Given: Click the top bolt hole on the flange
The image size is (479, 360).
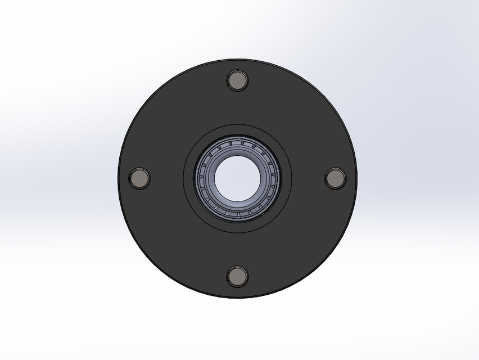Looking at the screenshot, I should pyautogui.click(x=237, y=80).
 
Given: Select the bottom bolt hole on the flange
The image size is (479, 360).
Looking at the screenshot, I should pyautogui.click(x=237, y=275).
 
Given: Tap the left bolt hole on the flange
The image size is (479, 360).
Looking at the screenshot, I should pyautogui.click(x=139, y=178).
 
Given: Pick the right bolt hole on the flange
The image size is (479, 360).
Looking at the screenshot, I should pyautogui.click(x=335, y=178).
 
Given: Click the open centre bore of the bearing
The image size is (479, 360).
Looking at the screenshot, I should pyautogui.click(x=237, y=178).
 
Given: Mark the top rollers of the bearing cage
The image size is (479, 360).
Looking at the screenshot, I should pyautogui.click(x=237, y=143).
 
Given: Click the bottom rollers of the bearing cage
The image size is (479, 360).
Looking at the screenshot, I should pyautogui.click(x=237, y=213).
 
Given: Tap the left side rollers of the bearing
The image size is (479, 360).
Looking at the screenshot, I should pyautogui.click(x=201, y=178).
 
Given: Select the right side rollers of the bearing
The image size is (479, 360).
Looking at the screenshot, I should pyautogui.click(x=273, y=178).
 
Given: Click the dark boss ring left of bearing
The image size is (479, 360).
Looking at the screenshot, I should pyautogui.click(x=189, y=178).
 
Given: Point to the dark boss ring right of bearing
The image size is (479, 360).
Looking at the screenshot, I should pyautogui.click(x=284, y=178).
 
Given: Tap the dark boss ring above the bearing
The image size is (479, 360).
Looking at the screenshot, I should pyautogui.click(x=237, y=130).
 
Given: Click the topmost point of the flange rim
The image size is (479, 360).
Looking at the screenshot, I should pyautogui.click(x=237, y=60).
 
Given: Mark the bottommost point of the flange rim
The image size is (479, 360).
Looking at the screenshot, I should pyautogui.click(x=237, y=296).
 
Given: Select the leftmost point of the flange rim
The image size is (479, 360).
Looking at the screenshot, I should pyautogui.click(x=119, y=178).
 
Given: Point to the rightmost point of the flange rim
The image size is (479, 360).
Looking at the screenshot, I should pyautogui.click(x=355, y=178).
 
